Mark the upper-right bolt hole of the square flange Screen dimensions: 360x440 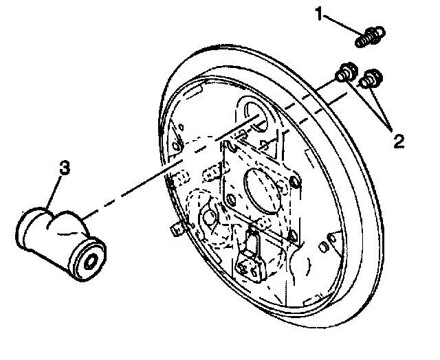coord(294,181)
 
